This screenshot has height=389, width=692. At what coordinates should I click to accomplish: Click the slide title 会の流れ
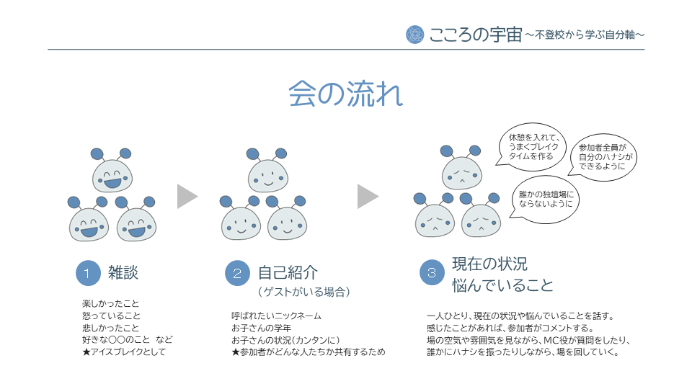tap(345, 94)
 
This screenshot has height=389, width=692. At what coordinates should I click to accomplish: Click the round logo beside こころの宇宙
tap(414, 34)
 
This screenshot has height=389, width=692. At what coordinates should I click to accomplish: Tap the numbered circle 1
tap(87, 273)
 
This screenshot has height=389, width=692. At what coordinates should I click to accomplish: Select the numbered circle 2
tap(236, 273)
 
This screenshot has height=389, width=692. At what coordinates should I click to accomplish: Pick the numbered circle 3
tap(431, 273)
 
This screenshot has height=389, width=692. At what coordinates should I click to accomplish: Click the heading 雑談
tap(123, 272)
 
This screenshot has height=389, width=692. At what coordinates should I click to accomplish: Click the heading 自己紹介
tap(288, 272)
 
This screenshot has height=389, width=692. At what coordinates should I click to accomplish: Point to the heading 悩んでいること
tap(502, 285)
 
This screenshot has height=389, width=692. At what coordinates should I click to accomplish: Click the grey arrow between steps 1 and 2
tap(187, 196)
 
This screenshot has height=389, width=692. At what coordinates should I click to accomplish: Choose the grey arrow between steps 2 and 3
tap(368, 196)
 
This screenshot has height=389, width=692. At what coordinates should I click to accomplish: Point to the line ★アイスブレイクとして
tap(124, 352)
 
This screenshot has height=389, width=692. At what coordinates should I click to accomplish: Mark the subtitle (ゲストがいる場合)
tap(303, 292)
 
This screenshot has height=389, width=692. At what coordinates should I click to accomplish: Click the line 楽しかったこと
tap(111, 303)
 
